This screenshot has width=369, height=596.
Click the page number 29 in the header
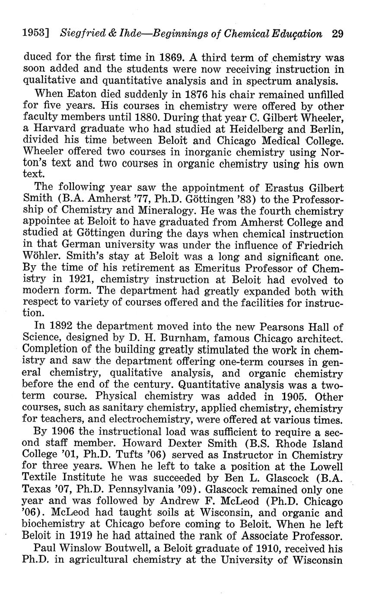(338, 34)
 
